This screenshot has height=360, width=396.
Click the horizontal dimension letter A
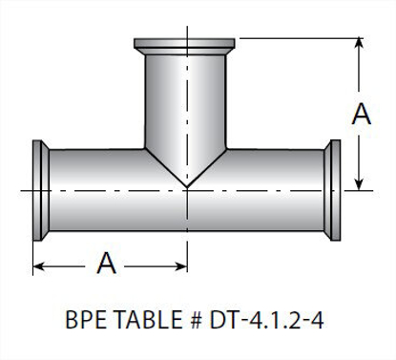pos(108,263)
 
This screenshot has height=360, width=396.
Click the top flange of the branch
pos(187,45)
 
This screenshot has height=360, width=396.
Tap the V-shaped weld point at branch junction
pos(187,182)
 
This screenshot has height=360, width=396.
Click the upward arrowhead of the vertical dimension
pos(360,45)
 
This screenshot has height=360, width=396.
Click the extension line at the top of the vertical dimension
pos(296,37)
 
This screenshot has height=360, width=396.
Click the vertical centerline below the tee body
pos(187,244)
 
